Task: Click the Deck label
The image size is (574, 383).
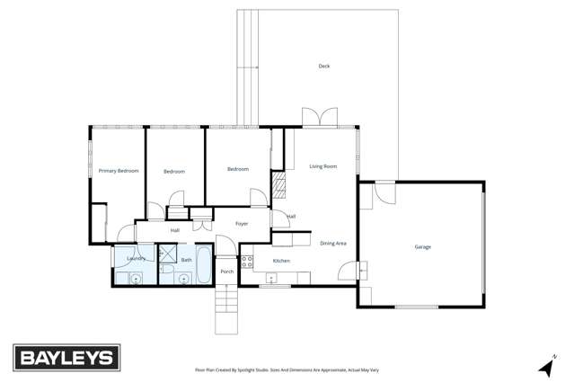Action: [324, 66]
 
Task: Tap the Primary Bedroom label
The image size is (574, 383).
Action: [119, 170]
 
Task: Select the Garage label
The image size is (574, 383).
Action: [422, 246]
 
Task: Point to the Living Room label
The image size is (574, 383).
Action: [323, 166]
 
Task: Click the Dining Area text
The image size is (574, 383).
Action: [333, 243]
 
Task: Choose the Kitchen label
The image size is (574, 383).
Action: [281, 261]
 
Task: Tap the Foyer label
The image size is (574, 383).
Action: [242, 223]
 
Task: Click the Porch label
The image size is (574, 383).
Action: [226, 271]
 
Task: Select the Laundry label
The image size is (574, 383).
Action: [136, 258]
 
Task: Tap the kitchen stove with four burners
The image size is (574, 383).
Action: [247, 263]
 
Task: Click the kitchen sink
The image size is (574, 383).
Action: [282, 275]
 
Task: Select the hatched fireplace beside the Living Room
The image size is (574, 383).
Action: [278, 187]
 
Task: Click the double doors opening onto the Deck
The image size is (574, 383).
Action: [319, 118]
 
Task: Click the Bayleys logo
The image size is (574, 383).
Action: [66, 358]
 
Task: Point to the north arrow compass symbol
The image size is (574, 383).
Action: [544, 367]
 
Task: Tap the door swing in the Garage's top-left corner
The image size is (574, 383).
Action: [384, 192]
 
